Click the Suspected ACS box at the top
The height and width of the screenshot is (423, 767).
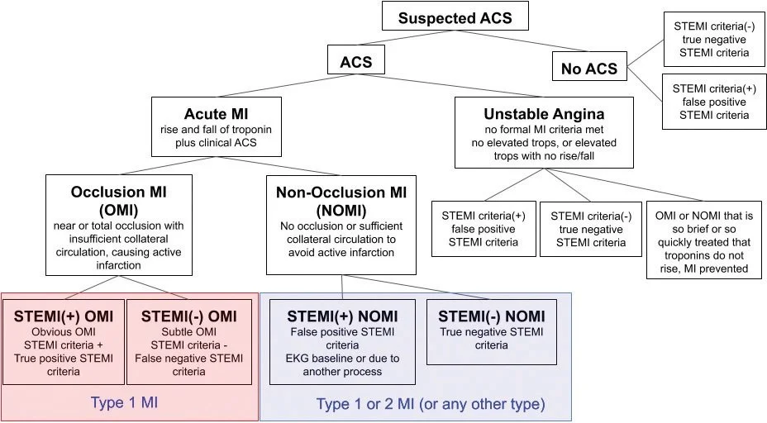pyautogui.click(x=454, y=18)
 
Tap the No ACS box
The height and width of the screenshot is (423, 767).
pyautogui.click(x=588, y=68)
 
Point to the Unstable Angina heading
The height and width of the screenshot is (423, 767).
pyautogui.click(x=543, y=113)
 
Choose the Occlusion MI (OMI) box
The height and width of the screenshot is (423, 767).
pyautogui.click(x=120, y=224)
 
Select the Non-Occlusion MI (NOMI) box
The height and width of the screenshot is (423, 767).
pyautogui.click(x=341, y=224)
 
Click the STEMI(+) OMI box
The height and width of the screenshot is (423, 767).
pyautogui.click(x=63, y=343)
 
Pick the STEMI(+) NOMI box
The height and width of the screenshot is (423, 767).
pyautogui.click(x=342, y=343)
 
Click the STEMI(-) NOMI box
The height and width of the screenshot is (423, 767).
pyautogui.click(x=491, y=331)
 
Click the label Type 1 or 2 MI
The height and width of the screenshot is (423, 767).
pyautogui.click(x=431, y=404)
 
